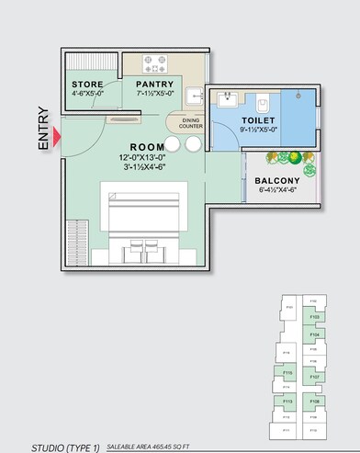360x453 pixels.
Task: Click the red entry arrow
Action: tap(58, 138)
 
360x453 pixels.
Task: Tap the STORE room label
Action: tap(88, 85)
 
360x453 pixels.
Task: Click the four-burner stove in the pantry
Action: tap(154, 64)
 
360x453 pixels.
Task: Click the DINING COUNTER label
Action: tap(191, 124)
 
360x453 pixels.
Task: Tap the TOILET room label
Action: tap(259, 121)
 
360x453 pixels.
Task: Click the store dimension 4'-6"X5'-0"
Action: tap(88, 94)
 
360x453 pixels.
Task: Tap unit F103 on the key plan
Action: tap(314, 317)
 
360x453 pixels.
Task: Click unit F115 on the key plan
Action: tap(287, 373)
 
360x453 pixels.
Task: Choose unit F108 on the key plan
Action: tap(314, 402)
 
